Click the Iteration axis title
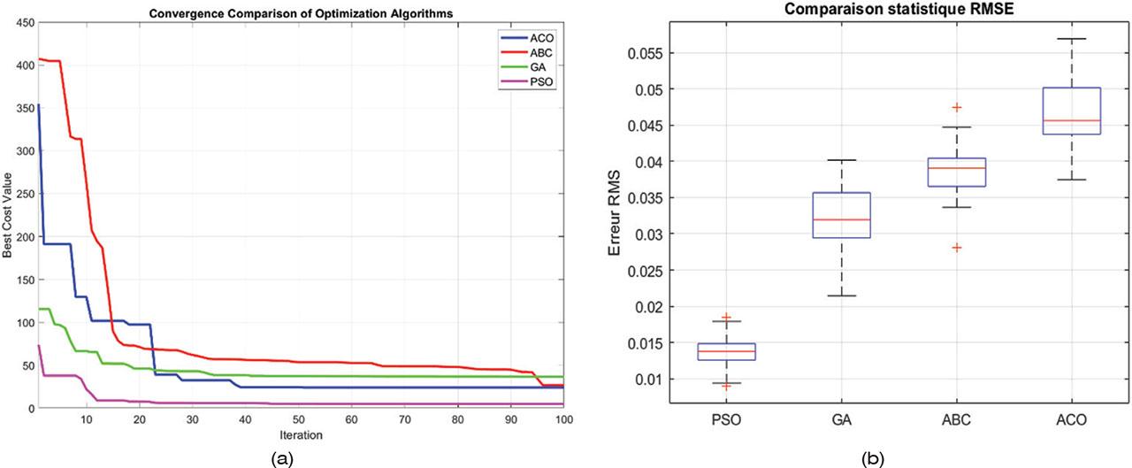302,434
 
